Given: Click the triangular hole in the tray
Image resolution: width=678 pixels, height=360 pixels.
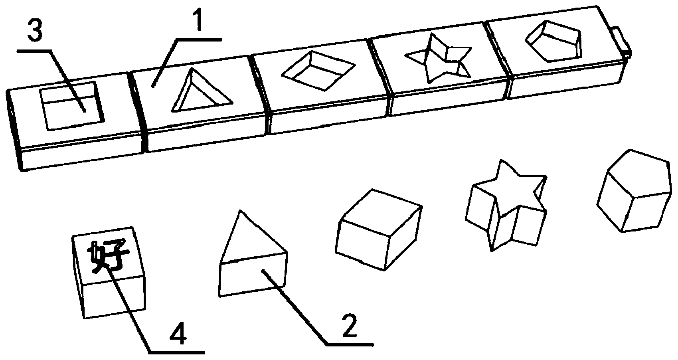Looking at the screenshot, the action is (202, 91).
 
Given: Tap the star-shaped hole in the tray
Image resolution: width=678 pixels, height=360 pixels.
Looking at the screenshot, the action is (438, 59).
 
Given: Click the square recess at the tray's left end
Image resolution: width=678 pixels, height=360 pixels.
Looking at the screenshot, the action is (72, 106).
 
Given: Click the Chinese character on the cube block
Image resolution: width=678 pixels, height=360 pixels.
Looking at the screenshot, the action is (108, 256).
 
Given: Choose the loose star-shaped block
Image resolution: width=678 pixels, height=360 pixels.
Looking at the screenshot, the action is (506, 206).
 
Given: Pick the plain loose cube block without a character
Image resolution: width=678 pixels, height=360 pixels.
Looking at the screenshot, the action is (379, 229).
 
